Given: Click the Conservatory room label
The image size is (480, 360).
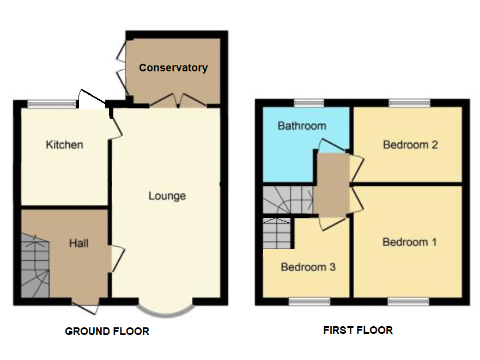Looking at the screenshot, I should click(x=173, y=68).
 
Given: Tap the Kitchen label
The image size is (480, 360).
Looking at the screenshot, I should click(x=64, y=145).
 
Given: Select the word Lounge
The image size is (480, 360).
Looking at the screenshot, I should click(x=167, y=196).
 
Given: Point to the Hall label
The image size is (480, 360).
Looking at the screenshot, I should click(x=78, y=243).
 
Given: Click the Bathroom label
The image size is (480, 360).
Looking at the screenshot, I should click(x=302, y=126).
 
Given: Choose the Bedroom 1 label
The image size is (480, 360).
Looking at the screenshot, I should click(x=409, y=242).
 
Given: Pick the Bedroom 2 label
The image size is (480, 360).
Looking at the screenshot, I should click(x=410, y=145).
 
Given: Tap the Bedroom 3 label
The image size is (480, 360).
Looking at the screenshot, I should click(x=308, y=267).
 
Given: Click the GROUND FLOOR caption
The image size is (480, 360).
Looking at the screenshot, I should click(x=107, y=331).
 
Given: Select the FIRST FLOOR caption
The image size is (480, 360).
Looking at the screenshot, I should click(x=357, y=330).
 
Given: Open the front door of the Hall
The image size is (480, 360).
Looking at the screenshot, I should click(x=85, y=306).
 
